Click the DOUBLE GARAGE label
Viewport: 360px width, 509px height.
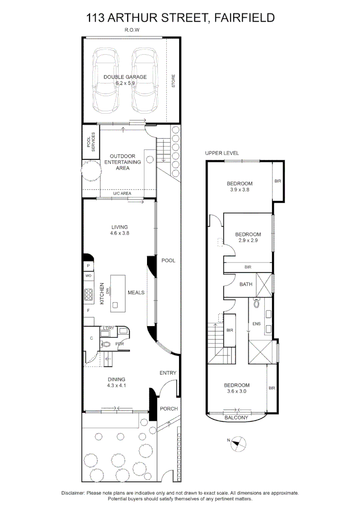[125, 77]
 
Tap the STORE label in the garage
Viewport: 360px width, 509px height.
[173, 81]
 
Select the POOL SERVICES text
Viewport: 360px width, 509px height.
[91, 142]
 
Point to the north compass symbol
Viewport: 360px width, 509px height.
[238, 443]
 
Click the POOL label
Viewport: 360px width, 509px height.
[168, 260]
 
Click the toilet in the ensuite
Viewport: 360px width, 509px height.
[257, 303]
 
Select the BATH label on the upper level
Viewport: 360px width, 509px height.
[246, 284]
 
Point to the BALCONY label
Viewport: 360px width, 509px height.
[236, 418]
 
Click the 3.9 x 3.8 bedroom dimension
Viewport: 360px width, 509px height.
[239, 189]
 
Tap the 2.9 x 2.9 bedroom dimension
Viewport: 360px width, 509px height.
[248, 240]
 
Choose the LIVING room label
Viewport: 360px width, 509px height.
[120, 227]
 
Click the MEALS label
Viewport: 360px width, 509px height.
[136, 293]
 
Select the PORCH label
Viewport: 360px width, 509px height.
[169, 409]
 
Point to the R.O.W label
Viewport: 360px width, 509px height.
[132, 30]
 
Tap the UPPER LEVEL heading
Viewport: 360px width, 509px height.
[222, 153]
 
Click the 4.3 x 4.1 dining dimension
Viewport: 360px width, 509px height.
[116, 386]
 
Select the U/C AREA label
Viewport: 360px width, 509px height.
[122, 194]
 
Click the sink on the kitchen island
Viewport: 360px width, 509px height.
[115, 305]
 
